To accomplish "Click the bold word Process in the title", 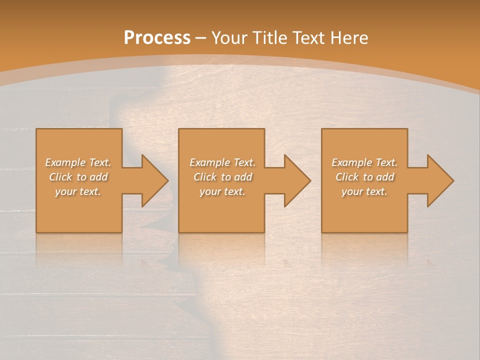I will [157, 38].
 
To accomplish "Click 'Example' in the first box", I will [65, 162].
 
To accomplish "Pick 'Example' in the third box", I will [351, 162].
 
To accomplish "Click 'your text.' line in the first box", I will [78, 191].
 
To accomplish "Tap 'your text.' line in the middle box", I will [222, 191].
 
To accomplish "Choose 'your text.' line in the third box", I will [364, 191].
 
